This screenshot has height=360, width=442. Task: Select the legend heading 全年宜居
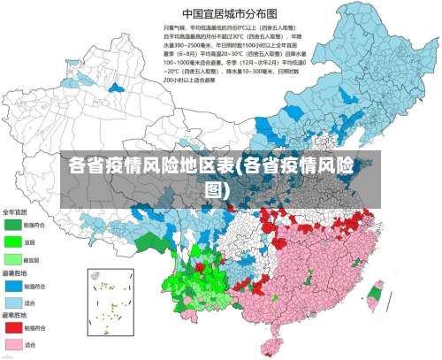(15, 212)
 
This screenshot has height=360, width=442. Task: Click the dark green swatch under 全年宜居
(13, 225)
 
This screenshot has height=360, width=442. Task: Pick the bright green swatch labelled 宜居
(13, 241)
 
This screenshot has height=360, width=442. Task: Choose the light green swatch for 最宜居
(13, 259)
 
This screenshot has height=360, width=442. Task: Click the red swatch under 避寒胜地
(13, 327)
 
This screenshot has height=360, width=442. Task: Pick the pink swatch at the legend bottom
(13, 344)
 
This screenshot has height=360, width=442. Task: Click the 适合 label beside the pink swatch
(31, 345)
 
